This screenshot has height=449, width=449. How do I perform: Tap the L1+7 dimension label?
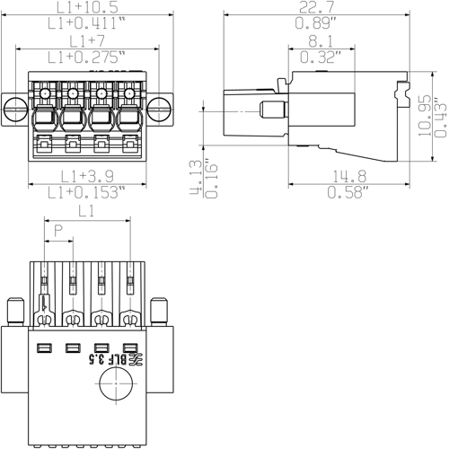click(87, 42)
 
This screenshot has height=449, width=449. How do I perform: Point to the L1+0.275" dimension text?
click(87, 57)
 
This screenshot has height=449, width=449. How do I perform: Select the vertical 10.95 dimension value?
click(425, 114)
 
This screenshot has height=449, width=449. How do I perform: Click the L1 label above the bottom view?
click(88, 212)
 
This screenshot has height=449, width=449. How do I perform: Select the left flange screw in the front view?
click(15, 110)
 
